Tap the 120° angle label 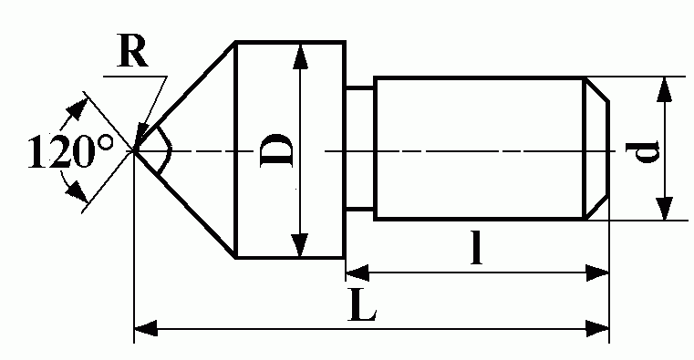[71, 152]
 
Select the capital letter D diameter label [277, 150]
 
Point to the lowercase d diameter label [643, 151]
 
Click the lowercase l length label [476, 247]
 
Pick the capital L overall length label [362, 305]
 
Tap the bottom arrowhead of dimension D [300, 244]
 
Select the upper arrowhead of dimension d [664, 90]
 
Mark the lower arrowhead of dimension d [664, 207]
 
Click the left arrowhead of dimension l [357, 273]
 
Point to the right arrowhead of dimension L [597, 329]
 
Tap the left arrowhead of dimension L [146, 329]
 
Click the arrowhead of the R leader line [142, 133]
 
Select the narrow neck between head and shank [359, 148]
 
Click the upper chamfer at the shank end [596, 90]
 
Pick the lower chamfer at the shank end [596, 208]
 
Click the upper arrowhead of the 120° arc [75, 108]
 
